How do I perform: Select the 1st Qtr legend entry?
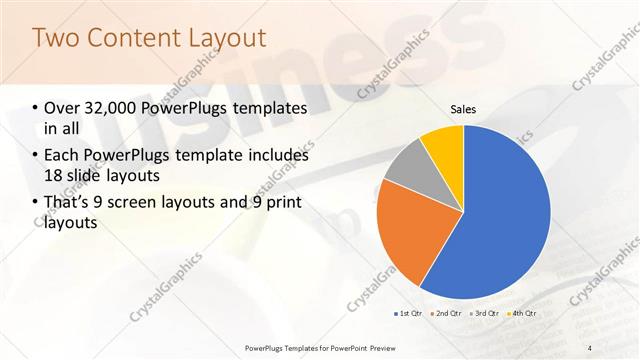coord(411,314)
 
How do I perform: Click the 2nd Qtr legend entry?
coord(445,314)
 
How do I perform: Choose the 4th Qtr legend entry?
coord(523,314)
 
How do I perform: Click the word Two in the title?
coord(58,38)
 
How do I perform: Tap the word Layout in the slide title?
coord(230,38)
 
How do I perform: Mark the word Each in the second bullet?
coord(63,155)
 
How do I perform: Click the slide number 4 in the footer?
coord(590,347)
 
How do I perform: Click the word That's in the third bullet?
coord(68,203)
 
